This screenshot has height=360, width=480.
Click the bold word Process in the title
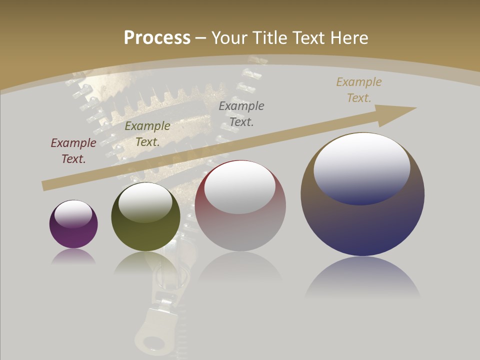click(157, 38)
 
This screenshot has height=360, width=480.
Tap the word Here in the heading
click(349, 38)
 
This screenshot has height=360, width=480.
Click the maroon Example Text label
click(73, 151)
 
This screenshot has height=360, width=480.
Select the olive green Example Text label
click(147, 134)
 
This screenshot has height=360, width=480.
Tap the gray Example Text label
click(241, 114)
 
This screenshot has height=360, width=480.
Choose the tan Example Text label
click(359, 90)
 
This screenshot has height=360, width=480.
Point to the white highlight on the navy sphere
click(362, 167)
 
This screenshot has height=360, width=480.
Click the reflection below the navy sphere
click(362, 277)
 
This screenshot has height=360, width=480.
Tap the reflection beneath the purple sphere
click(73, 257)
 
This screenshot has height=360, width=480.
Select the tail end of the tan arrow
click(46, 186)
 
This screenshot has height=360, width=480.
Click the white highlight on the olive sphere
click(145, 202)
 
